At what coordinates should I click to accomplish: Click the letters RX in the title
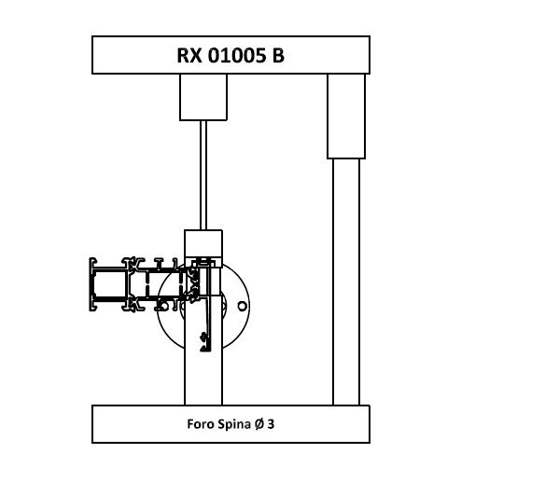189,55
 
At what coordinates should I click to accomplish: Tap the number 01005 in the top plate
236,55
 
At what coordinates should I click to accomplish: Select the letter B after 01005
278,55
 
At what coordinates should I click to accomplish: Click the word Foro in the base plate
201,424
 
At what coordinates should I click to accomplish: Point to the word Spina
234,424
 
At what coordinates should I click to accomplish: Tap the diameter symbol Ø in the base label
259,424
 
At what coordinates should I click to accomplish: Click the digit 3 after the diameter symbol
271,424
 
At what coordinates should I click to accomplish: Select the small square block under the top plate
203,97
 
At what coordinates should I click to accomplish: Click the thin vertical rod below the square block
203,175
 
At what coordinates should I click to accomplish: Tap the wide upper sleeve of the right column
346,117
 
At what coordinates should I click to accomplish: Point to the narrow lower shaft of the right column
346,282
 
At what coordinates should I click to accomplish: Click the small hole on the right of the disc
243,306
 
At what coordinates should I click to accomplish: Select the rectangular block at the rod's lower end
203,243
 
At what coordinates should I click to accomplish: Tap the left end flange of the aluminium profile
91,284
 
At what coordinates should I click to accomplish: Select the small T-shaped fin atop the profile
159,263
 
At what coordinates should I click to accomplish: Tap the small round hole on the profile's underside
163,307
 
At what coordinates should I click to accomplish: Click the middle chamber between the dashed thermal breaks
164,283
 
